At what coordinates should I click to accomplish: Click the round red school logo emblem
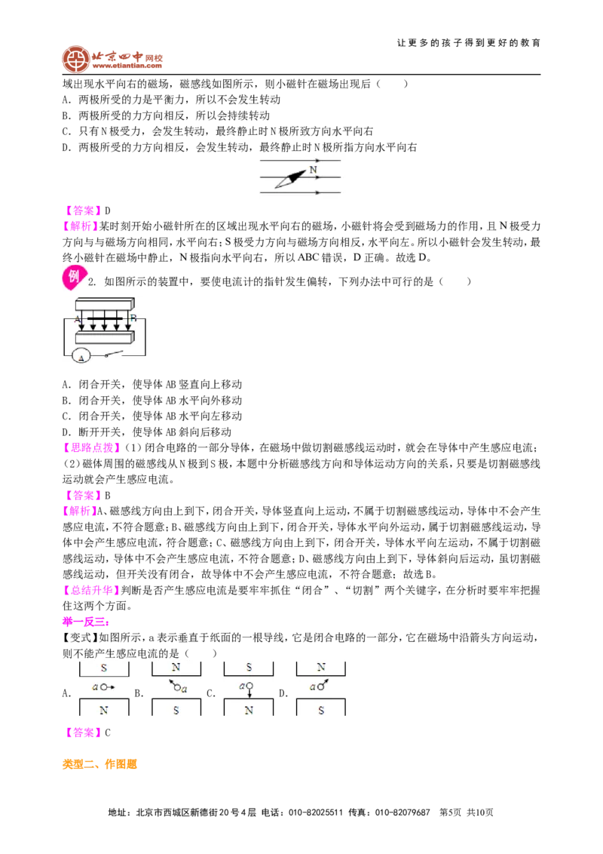[75, 59]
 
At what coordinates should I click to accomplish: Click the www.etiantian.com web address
[127, 66]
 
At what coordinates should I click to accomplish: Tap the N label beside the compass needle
[313, 170]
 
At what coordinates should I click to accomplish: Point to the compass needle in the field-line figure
[291, 180]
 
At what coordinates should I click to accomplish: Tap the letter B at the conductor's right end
[133, 318]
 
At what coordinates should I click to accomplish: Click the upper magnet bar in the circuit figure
[105, 303]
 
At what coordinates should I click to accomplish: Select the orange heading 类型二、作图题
[99, 764]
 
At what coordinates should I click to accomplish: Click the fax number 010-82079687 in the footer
[403, 812]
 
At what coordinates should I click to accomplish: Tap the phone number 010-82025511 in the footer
[316, 812]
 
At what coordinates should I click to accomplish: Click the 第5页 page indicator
[450, 812]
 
